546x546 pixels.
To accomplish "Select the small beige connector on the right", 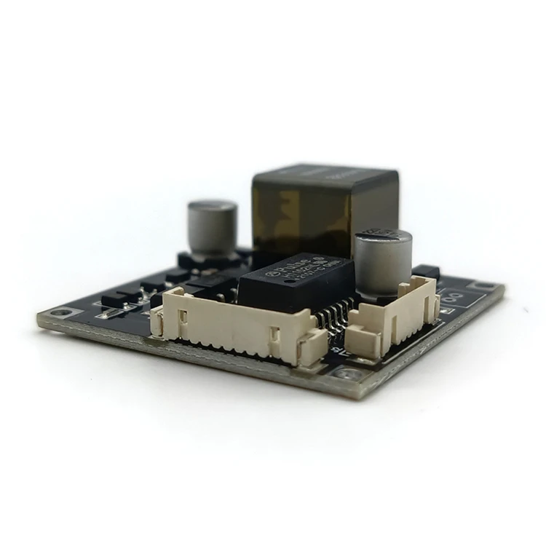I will point(393,321).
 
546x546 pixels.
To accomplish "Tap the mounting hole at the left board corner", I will point(66,313).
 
